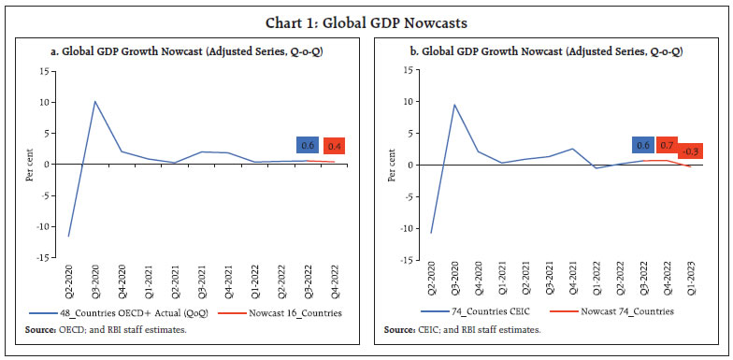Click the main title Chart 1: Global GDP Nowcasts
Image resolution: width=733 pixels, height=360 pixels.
366,14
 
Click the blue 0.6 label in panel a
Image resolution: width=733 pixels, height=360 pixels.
308,145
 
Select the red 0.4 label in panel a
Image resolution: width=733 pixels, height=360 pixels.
334,147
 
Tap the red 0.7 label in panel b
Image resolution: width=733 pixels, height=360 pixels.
667,145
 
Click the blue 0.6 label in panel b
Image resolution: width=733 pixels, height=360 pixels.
642,145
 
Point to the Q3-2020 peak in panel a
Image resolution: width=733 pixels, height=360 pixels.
95,101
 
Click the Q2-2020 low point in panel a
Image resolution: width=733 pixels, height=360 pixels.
69,236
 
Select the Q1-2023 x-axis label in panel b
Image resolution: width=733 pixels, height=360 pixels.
691,281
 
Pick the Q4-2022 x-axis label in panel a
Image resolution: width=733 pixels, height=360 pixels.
334,281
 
